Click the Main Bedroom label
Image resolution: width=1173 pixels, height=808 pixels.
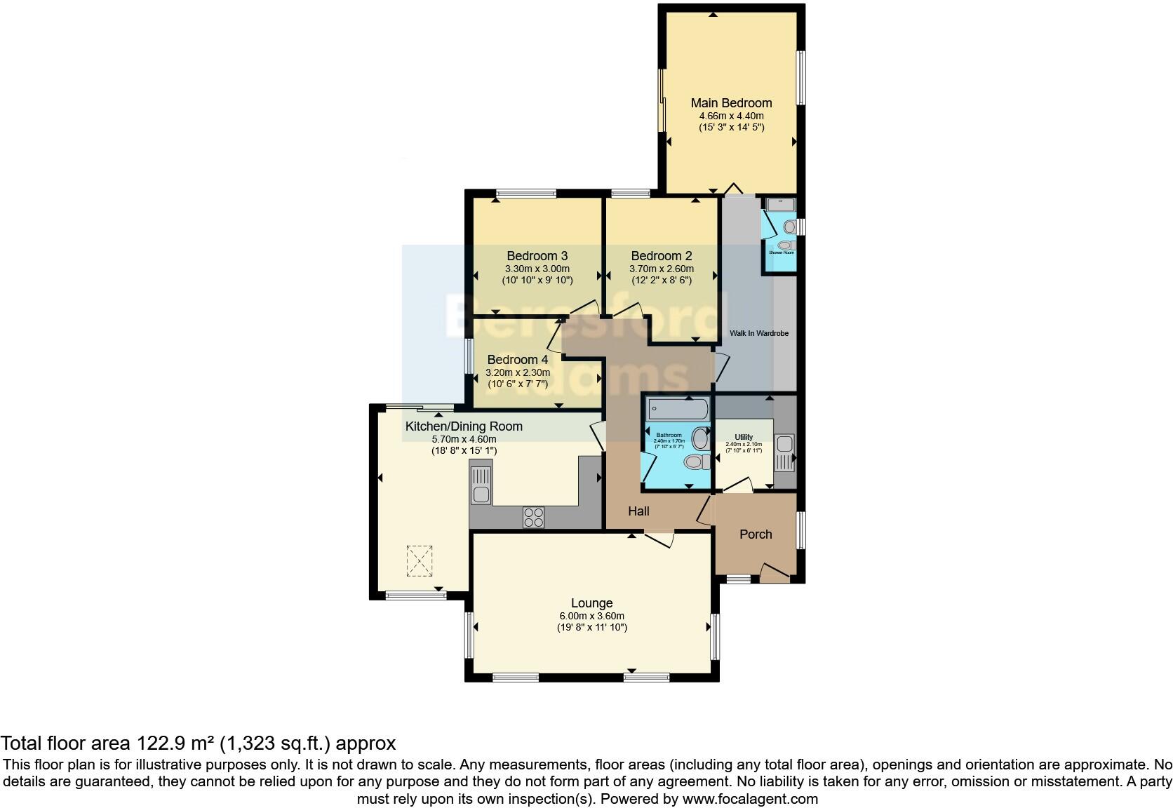click(x=731, y=103)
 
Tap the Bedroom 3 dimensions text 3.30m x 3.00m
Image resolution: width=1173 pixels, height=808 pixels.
click(x=537, y=269)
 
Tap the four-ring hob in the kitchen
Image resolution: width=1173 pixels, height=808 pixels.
click(x=533, y=517)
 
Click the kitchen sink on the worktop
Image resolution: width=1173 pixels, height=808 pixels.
click(x=481, y=485)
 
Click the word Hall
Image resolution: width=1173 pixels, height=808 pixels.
click(x=638, y=511)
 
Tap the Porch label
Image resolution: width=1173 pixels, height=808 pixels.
click(x=756, y=534)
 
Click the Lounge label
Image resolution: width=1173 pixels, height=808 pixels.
click(x=591, y=603)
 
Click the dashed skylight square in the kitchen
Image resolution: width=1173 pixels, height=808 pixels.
click(x=420, y=561)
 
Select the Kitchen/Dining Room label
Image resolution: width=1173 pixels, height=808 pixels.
click(x=464, y=426)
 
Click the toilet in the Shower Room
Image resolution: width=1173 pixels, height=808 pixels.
click(x=790, y=227)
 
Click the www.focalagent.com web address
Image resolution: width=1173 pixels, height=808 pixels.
click(x=749, y=798)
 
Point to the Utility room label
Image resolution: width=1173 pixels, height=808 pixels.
click(x=744, y=437)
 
